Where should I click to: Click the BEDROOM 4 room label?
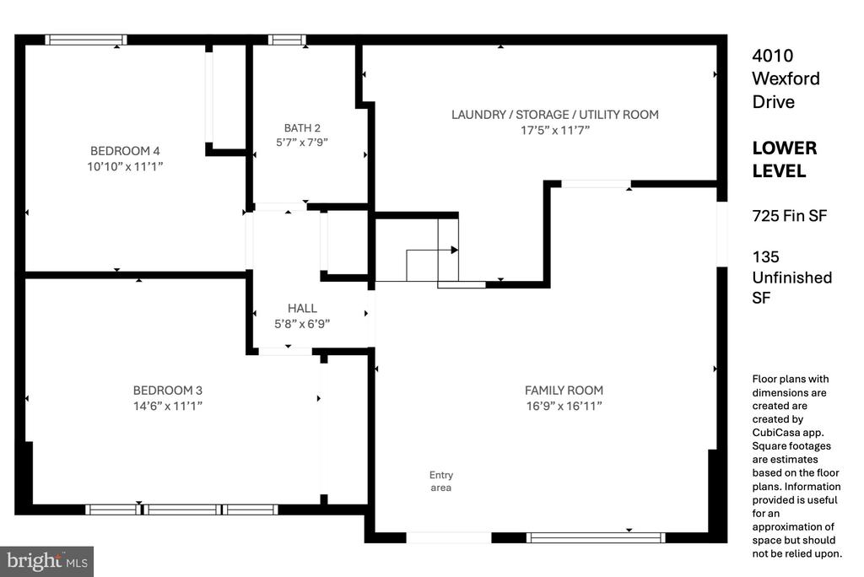[x=125, y=150]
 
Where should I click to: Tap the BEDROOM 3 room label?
[x=168, y=391]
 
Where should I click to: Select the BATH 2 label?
[x=302, y=128]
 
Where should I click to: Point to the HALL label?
[x=302, y=308]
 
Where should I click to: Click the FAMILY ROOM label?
[x=564, y=391]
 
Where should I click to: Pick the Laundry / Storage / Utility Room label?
[x=555, y=115]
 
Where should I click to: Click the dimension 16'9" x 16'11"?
[x=564, y=406]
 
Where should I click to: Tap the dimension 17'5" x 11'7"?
[x=555, y=131]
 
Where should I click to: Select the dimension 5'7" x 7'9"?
[x=302, y=143]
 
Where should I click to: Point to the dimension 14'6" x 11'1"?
[x=168, y=406]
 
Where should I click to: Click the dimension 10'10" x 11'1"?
[x=125, y=166]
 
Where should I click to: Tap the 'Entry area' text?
[x=440, y=481]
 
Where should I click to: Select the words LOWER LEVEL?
[x=785, y=159]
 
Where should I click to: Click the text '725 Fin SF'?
[x=789, y=215]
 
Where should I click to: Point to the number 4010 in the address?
[x=773, y=55]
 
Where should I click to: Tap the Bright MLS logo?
[x=47, y=562]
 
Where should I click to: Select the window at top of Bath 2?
[x=287, y=40]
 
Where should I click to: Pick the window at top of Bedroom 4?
[x=86, y=40]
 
